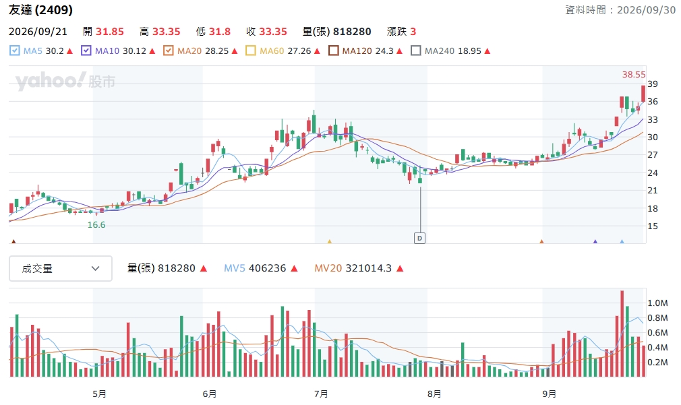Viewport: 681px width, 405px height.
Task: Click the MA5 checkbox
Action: (14, 51)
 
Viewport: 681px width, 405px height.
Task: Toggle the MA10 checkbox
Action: (86, 51)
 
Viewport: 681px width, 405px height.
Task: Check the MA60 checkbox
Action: (251, 51)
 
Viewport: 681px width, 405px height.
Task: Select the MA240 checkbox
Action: (415, 51)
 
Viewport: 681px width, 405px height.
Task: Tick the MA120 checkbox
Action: (333, 51)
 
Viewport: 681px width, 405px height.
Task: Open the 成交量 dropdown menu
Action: (61, 269)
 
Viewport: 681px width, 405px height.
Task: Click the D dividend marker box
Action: (419, 238)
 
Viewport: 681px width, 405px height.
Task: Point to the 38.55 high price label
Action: (634, 75)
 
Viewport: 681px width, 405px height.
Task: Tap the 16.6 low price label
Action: (96, 225)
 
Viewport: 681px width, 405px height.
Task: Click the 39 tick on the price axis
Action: (652, 84)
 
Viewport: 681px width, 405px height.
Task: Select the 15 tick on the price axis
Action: (652, 226)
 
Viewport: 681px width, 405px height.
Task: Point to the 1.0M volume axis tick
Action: (657, 303)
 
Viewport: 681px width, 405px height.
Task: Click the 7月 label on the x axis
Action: (321, 394)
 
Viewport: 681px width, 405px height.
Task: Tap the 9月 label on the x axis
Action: (549, 394)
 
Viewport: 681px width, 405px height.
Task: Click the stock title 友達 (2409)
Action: (41, 10)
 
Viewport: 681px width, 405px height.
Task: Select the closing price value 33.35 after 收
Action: (273, 32)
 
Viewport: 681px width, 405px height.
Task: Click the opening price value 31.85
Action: (110, 32)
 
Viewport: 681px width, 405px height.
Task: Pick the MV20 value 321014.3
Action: (369, 268)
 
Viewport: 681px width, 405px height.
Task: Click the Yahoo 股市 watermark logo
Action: (65, 81)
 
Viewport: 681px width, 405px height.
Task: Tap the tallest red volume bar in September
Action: (622, 334)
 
